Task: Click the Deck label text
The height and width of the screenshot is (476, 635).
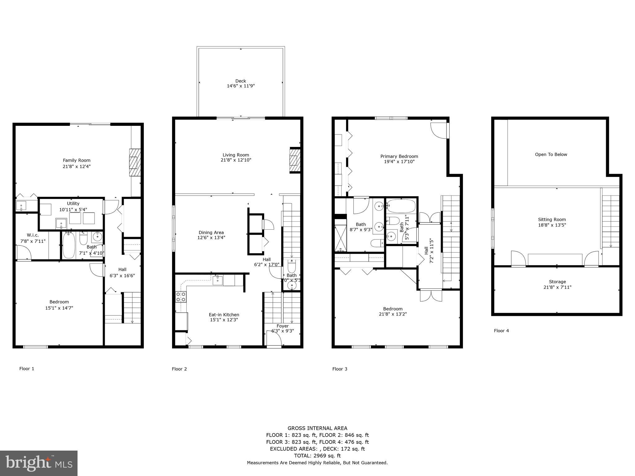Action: (241, 81)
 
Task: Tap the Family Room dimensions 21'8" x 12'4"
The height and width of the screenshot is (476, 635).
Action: (77, 166)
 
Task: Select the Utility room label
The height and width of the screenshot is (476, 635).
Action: (73, 204)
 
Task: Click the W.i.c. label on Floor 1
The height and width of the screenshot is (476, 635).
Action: (33, 235)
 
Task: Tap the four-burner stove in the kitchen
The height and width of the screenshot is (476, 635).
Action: (181, 297)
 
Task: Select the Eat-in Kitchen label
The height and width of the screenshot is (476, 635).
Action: (224, 315)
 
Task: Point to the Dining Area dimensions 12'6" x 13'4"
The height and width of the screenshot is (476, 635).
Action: (211, 238)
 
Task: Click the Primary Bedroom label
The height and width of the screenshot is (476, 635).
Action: (399, 156)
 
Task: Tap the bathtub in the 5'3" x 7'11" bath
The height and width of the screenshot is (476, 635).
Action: (401, 206)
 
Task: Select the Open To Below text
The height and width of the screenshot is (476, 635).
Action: (551, 154)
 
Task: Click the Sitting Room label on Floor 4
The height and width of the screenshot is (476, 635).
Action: (552, 219)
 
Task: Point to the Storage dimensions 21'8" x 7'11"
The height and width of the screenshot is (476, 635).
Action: (557, 287)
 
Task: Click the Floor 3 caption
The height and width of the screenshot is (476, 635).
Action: (340, 369)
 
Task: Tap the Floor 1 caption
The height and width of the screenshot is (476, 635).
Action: (27, 368)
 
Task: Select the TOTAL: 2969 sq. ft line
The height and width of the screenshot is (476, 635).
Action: (317, 456)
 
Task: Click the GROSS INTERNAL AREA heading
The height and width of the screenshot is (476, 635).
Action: (317, 428)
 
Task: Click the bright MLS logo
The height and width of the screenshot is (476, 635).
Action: (39, 463)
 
